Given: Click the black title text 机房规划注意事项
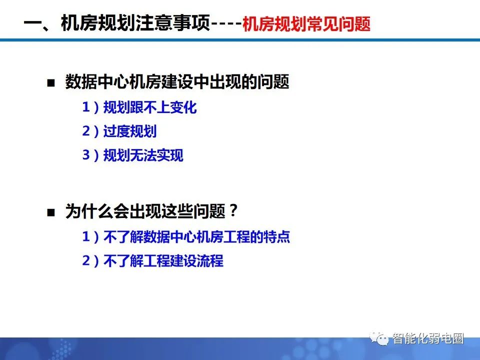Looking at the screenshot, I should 134,23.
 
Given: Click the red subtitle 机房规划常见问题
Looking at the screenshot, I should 306,24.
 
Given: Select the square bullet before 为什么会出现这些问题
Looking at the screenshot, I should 50,212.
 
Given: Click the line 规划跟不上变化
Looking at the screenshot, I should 149,107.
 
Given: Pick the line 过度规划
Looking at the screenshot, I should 129,131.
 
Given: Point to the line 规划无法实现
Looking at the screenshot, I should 143,155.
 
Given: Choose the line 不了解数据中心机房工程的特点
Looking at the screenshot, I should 196,237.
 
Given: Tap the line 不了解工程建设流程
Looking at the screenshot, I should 163,261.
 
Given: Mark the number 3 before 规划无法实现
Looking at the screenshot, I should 86,155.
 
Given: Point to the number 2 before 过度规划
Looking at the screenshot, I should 86,131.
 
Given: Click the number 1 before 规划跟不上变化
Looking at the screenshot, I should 86,107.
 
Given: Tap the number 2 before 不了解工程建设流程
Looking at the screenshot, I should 86,261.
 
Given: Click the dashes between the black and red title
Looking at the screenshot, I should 225,24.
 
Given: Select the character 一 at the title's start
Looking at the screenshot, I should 33,23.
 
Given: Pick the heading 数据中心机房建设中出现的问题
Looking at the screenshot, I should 177,82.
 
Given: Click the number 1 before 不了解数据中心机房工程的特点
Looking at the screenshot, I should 86,237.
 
